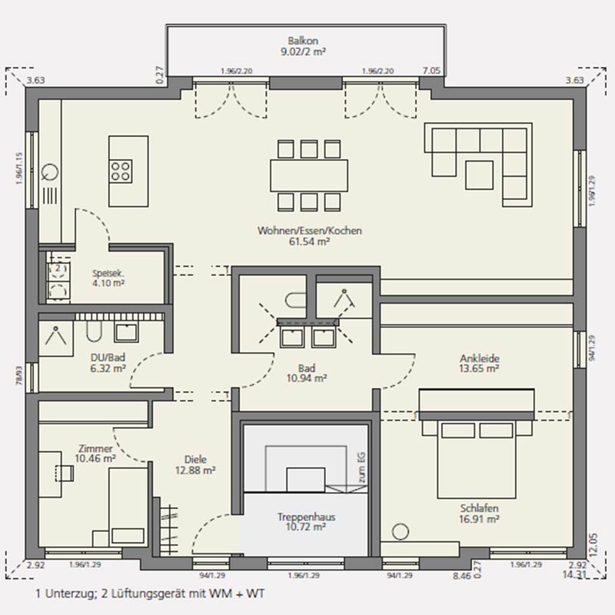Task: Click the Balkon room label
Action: click(x=303, y=41)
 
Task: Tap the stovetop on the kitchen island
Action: click(x=121, y=171)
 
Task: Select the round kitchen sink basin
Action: click(x=50, y=171)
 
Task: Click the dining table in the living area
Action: click(x=309, y=175)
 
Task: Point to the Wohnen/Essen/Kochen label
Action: click(x=310, y=230)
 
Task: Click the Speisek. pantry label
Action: click(x=108, y=274)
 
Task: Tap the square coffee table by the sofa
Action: click(x=479, y=175)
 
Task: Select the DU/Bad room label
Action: click(x=108, y=357)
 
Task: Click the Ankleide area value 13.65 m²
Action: click(x=479, y=369)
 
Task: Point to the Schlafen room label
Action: click(x=479, y=508)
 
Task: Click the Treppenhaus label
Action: click(x=306, y=517)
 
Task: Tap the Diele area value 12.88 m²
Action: click(x=195, y=470)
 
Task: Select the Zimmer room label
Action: click(x=95, y=448)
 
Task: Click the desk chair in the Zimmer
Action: click(x=65, y=473)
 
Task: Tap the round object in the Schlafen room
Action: click(x=401, y=532)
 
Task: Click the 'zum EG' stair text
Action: click(x=361, y=467)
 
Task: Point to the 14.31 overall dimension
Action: click(x=573, y=574)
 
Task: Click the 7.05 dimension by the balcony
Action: click(x=431, y=71)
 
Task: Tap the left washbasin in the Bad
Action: click(x=292, y=337)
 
